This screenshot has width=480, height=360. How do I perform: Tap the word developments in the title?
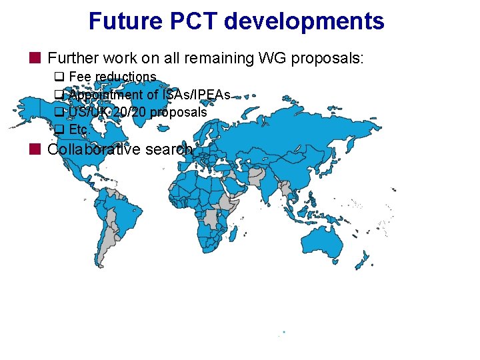304,21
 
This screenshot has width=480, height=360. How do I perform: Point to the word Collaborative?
90,149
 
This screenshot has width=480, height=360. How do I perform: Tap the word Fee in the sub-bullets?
80,77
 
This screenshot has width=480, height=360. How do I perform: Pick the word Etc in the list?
78,129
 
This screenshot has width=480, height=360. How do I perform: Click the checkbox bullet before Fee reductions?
58,77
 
